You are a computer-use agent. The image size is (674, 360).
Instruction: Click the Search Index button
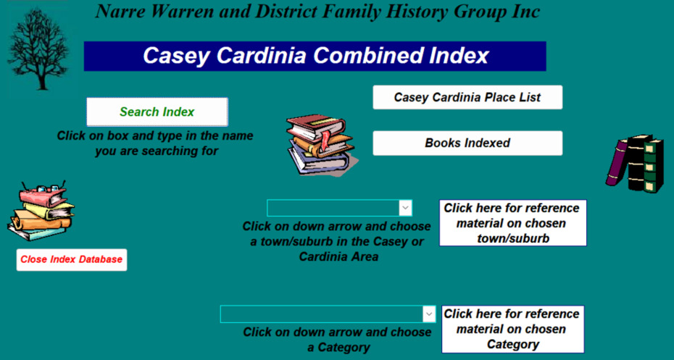(157, 112)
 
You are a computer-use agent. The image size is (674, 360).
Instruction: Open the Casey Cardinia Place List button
(467, 97)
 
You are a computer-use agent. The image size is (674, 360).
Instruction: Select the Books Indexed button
(467, 143)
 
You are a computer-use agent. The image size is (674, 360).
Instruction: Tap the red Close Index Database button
(72, 259)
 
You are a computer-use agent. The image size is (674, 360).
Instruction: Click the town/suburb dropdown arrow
(405, 208)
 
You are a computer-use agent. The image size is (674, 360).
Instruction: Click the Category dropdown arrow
(429, 314)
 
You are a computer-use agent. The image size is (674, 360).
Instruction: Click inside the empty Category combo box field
(322, 314)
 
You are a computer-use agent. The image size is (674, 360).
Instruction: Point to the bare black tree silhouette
(38, 49)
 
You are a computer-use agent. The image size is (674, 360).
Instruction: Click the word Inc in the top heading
(526, 12)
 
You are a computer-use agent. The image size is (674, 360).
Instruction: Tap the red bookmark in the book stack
(326, 139)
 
